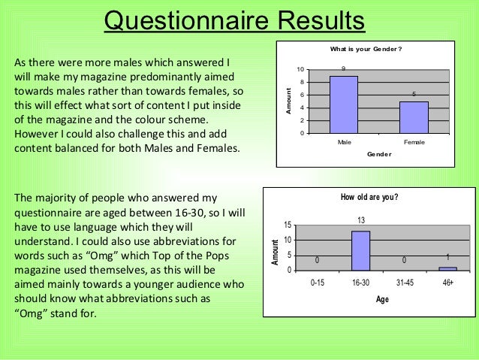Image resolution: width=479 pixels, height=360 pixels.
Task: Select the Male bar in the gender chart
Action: (344, 104)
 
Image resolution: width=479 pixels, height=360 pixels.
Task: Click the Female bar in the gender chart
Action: (413, 117)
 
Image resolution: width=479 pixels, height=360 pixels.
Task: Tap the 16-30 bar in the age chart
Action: (361, 250)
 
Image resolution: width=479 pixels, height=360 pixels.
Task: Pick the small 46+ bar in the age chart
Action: (447, 268)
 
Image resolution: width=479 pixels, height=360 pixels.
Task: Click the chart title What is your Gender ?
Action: (368, 50)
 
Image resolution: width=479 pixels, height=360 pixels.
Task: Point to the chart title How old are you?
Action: (369, 198)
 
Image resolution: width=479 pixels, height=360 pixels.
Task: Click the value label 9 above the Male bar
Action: (344, 69)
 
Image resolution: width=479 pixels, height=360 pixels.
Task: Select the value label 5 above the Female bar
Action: (413, 95)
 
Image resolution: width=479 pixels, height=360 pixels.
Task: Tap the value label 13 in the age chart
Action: (361, 220)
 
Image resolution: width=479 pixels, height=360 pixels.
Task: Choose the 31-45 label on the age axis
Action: (405, 283)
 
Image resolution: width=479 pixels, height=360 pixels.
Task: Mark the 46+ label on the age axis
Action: (447, 283)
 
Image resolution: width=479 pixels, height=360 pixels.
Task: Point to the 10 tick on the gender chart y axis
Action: (302, 69)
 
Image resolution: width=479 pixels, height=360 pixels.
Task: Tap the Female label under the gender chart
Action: (413, 141)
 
